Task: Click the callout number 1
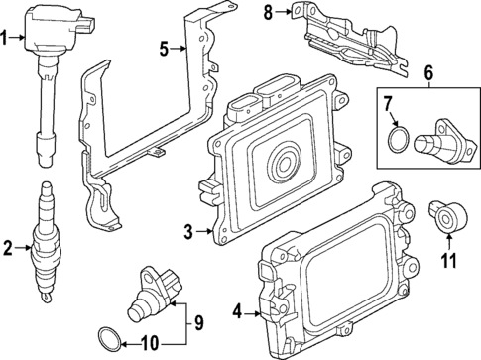point(6,39)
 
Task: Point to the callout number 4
point(236,314)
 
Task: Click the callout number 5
point(167,47)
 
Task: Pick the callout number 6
point(428,72)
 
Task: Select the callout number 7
point(390,101)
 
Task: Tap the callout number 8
point(268,12)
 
